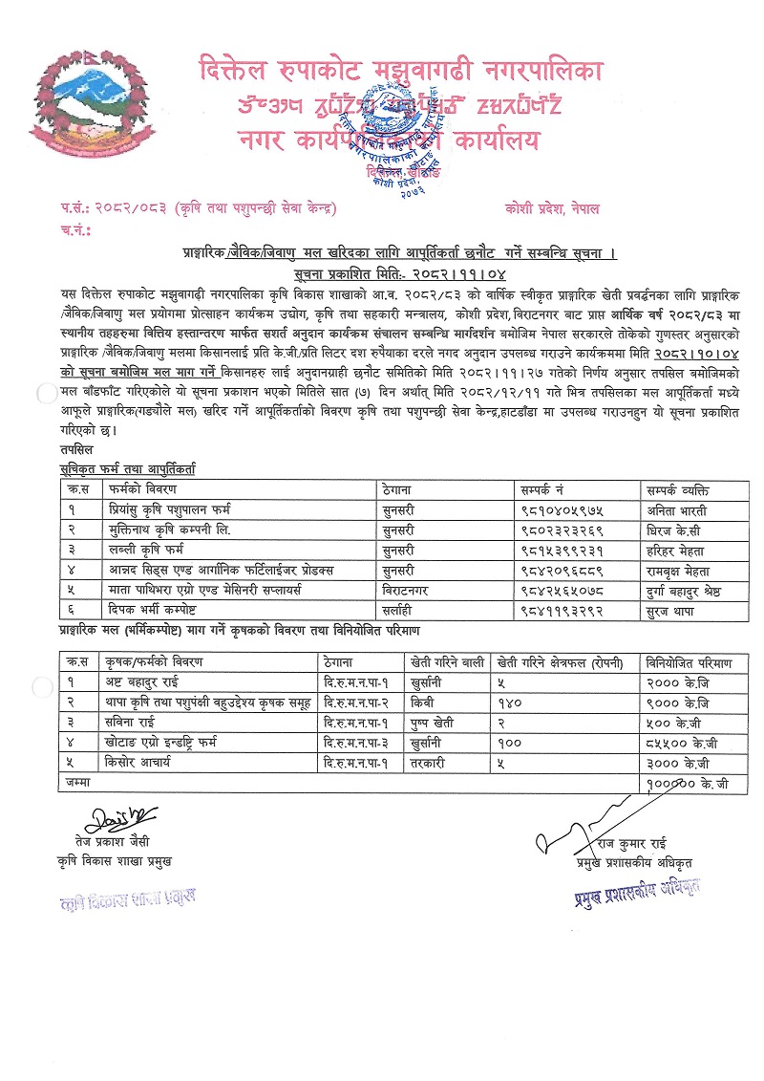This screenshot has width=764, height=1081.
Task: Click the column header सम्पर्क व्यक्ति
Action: [x=684, y=489]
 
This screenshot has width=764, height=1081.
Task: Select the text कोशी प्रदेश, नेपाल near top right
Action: [x=554, y=208]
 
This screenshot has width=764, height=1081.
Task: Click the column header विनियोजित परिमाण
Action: [x=688, y=661]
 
